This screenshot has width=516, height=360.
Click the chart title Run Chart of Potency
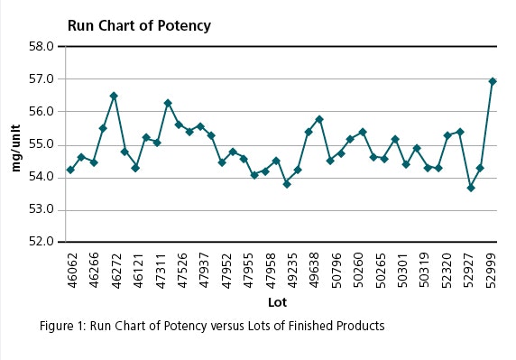(139, 25)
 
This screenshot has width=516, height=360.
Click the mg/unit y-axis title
(14, 143)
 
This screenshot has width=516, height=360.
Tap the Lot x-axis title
(277, 301)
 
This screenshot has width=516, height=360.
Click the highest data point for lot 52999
(493, 81)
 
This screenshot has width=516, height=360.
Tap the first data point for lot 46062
(70, 170)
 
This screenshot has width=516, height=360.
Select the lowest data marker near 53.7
(471, 188)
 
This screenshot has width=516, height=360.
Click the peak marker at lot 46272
(114, 96)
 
